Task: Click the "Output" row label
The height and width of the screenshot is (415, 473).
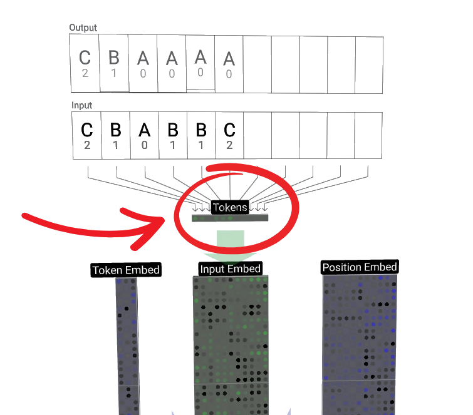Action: [83, 28]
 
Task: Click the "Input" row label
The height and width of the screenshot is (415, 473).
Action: [81, 106]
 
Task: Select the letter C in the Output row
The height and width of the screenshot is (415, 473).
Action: [85, 58]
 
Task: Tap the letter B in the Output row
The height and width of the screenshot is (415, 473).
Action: [113, 58]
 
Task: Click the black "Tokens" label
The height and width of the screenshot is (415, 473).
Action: [230, 207]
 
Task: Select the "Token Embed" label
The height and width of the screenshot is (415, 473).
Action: [126, 270]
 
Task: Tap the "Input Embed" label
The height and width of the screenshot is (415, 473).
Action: [230, 269]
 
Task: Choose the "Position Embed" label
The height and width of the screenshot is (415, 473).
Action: [360, 267]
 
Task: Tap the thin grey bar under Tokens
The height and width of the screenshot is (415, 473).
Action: [230, 218]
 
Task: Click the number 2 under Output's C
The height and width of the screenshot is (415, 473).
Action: [85, 73]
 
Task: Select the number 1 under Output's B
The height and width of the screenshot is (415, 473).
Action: [113, 73]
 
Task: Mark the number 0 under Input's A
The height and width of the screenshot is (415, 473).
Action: [145, 145]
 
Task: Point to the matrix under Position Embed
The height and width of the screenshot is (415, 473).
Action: [360, 344]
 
